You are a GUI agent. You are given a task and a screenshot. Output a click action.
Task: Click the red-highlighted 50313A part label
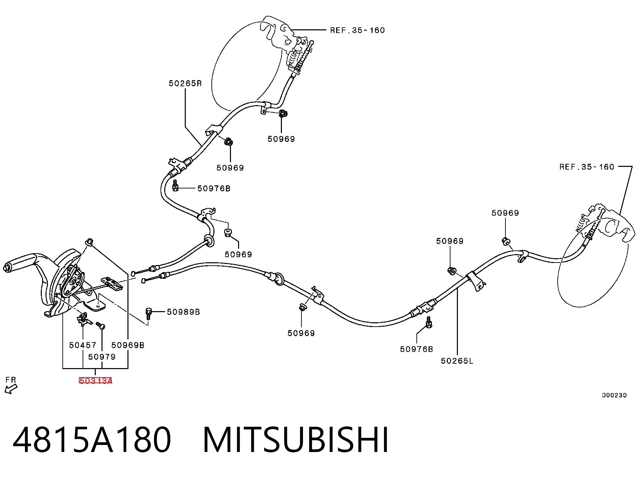point(95,381)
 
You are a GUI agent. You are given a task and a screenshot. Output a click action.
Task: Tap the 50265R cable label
point(185,83)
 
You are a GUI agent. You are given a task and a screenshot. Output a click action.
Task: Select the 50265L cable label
point(457,361)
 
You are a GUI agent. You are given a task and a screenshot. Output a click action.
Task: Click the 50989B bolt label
point(183,312)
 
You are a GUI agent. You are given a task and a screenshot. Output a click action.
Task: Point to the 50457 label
point(83,345)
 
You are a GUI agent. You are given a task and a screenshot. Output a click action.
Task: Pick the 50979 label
point(102,357)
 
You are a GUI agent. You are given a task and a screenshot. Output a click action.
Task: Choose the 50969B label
point(128,345)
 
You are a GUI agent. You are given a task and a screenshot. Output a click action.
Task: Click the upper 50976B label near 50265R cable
point(214,188)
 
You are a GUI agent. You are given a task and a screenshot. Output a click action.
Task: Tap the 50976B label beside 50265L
point(416,349)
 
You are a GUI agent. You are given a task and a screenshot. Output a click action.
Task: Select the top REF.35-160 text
point(357,30)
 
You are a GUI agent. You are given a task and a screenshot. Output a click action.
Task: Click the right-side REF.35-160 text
point(587,167)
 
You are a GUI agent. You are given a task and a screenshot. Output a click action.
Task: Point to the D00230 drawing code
point(614,395)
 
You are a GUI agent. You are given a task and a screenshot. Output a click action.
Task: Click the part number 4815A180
point(92,440)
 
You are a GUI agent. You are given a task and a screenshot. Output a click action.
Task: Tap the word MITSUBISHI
point(296,440)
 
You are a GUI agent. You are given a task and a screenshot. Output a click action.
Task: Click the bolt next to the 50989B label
point(148,313)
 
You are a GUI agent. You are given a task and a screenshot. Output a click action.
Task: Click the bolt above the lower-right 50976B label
point(429,322)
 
